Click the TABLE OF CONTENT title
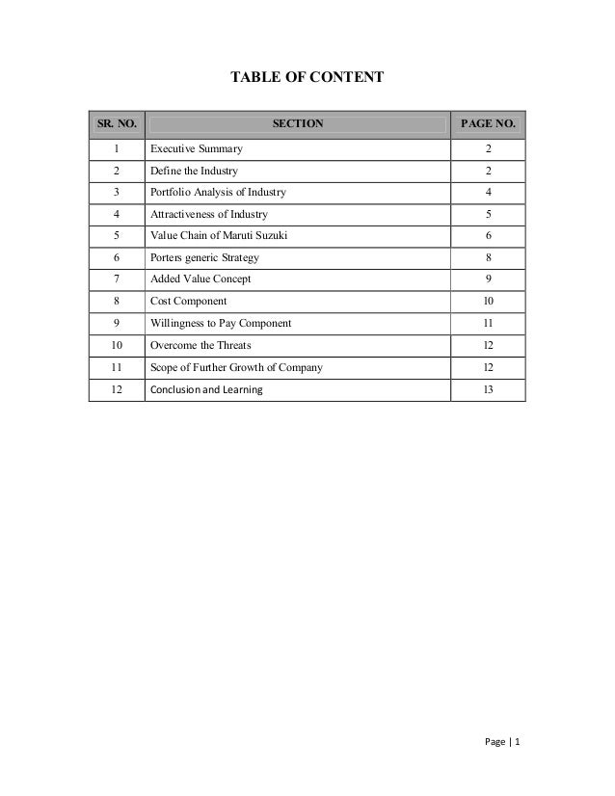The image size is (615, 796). tap(306, 75)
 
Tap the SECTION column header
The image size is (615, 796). tap(298, 124)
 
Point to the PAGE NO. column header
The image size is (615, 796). tap(489, 124)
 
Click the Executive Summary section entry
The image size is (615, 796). tap(197, 149)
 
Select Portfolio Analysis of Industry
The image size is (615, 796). tap(218, 193)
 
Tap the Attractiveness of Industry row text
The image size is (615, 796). tap(209, 214)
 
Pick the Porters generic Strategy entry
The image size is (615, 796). tap(204, 258)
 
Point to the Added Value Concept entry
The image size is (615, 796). tap(201, 279)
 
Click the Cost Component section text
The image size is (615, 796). tap(189, 302)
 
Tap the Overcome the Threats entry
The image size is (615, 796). tap(200, 345)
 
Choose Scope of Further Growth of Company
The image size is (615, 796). tap(236, 367)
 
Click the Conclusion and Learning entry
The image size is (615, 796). tap(205, 389)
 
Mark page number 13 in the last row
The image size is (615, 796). tap(489, 389)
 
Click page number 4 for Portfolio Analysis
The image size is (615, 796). tap(489, 193)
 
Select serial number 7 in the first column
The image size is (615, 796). tap(116, 279)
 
